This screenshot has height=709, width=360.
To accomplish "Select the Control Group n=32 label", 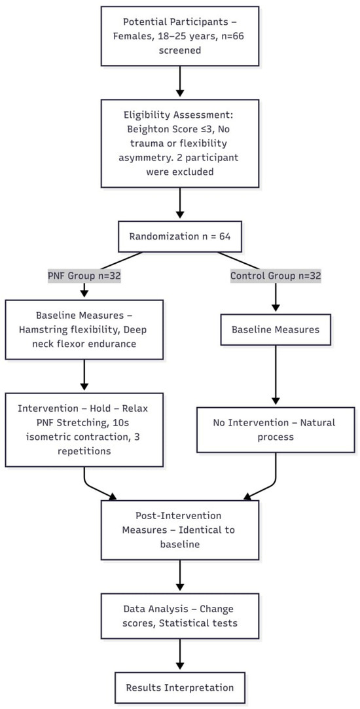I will (x=276, y=276).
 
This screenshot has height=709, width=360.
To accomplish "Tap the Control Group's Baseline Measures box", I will (x=276, y=330).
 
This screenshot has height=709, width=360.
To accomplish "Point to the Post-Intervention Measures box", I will (x=180, y=528).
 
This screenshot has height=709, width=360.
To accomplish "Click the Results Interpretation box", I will (x=180, y=687).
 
